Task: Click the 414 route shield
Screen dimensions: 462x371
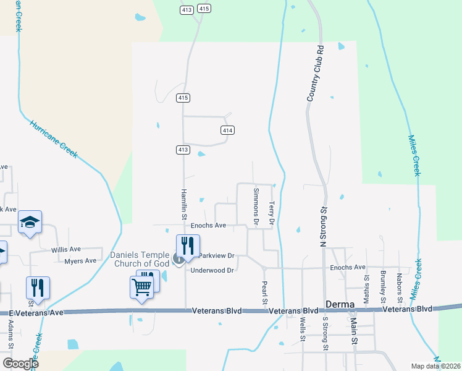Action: point(227,130)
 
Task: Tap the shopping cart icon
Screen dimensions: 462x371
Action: point(141,287)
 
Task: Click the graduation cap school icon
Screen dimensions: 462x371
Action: point(30,223)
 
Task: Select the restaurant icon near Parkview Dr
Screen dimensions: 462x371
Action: point(188,245)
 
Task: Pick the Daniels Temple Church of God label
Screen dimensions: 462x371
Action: point(140,260)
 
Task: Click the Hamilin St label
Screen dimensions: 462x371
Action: point(184,204)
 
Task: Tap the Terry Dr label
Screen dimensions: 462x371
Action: point(271,212)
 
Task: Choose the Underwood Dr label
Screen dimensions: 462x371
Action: point(212,270)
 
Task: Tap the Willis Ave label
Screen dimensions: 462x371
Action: point(66,250)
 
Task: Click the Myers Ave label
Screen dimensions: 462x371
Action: point(80,261)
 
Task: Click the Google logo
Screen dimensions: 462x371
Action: point(20,364)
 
